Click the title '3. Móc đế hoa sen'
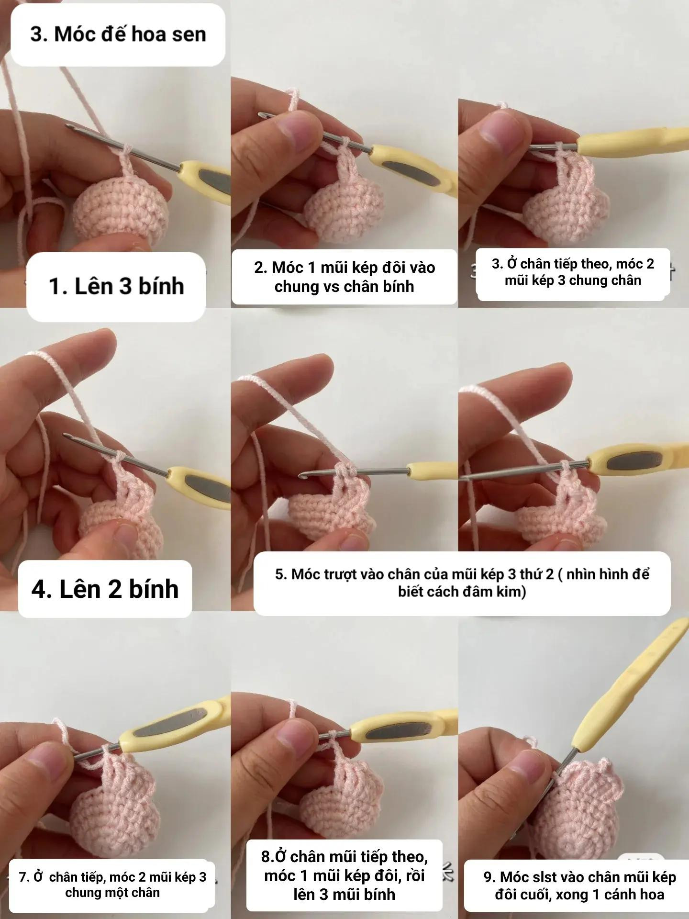[118, 34]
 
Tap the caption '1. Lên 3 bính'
[116, 286]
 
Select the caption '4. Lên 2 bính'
[105, 589]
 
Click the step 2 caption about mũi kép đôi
[344, 277]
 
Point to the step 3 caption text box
[572, 272]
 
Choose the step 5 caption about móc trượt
[462, 583]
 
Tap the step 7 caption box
[112, 885]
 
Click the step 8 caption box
[344, 875]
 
